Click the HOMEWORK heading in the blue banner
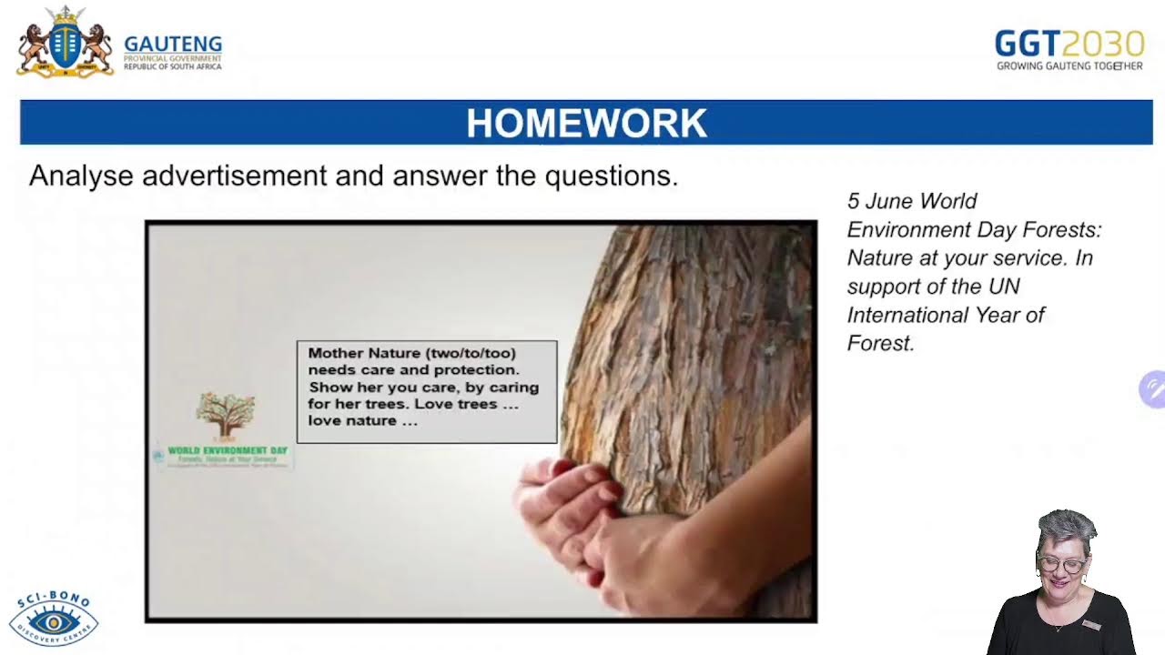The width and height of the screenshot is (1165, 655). coord(586,123)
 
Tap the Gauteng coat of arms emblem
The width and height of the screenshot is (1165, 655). coord(65,43)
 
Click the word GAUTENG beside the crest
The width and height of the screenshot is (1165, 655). coord(173,44)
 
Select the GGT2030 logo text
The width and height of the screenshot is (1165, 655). coord(1069,43)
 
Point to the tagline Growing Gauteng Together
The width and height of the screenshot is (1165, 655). coord(1069,65)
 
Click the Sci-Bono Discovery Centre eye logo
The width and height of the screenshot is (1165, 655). coord(54,620)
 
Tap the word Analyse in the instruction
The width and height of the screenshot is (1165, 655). coord(81,176)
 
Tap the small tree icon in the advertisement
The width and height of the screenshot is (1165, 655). coord(226,414)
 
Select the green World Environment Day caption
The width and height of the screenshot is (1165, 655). coord(228,450)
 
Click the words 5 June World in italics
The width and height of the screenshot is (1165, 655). coord(912,201)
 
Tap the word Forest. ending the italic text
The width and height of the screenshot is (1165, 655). coord(880,343)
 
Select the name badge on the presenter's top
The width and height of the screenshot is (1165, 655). coord(1091,625)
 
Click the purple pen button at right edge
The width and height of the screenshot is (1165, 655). coord(1152,389)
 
